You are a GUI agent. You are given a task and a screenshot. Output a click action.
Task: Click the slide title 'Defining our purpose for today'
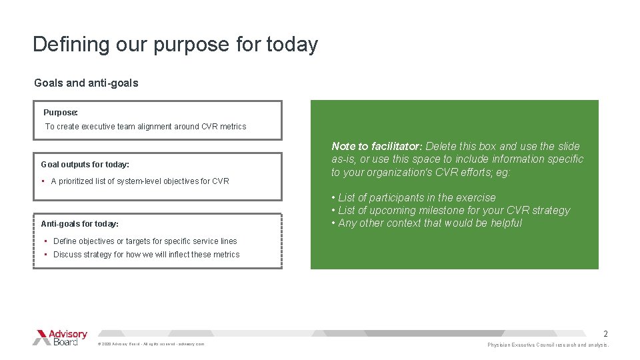[x=175, y=45]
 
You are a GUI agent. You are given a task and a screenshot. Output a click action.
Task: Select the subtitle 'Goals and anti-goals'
[x=86, y=83]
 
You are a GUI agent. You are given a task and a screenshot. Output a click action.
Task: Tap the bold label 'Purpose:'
[x=61, y=113]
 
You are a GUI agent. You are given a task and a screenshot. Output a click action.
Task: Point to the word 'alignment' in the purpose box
[x=155, y=127]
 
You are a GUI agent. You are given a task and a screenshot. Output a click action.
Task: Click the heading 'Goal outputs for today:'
[x=85, y=164]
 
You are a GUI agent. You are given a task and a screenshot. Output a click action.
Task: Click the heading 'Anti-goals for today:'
[x=80, y=224]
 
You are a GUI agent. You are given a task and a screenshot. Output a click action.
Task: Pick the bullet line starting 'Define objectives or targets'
[x=145, y=241]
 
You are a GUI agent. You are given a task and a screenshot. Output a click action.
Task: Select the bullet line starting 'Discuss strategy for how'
[x=146, y=255]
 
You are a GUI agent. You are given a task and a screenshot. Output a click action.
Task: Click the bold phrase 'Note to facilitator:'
[x=377, y=147]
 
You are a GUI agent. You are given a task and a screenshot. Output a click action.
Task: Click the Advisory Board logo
[x=60, y=337]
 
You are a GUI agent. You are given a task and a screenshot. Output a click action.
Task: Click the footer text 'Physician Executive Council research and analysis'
[x=548, y=345]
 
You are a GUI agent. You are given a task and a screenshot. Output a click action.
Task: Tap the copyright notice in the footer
[x=151, y=344]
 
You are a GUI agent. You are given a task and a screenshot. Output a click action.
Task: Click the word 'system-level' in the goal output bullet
[x=140, y=181]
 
